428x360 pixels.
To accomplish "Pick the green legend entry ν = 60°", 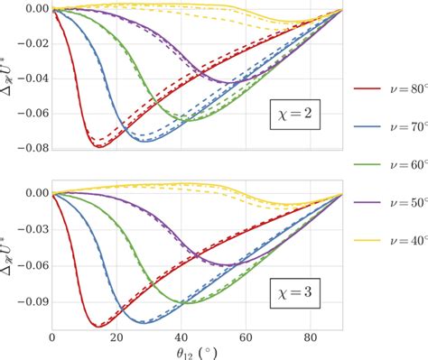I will point(388,165).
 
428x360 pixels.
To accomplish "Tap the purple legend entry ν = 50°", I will point(388,203).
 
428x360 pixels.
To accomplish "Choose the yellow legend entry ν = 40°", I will point(388,241).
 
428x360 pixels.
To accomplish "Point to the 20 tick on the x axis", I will point(116,337).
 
